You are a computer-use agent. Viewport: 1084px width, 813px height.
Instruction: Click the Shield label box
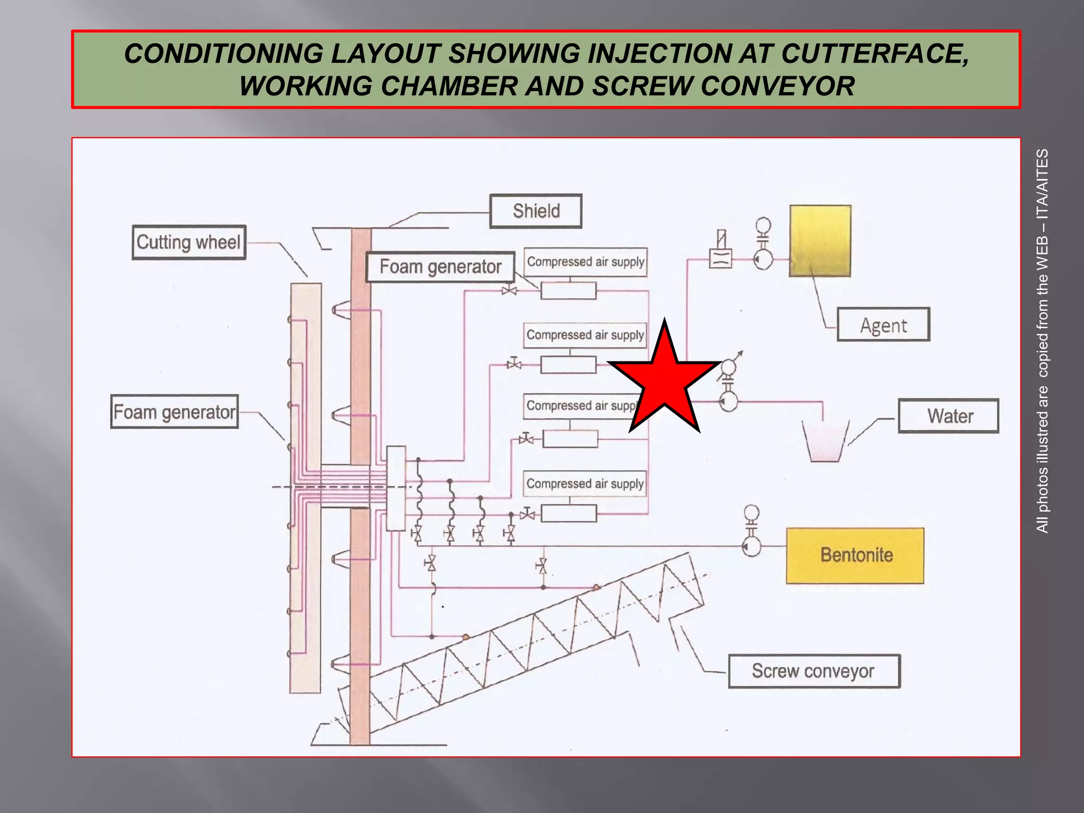[536, 211]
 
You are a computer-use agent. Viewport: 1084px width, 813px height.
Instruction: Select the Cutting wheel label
[189, 242]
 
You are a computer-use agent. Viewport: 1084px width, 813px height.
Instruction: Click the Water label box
[948, 416]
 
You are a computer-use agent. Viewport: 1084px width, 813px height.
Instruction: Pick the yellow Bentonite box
[855, 556]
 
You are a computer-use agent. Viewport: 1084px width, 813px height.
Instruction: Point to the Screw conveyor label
[814, 671]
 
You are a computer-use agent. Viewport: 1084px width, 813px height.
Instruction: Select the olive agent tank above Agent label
[820, 241]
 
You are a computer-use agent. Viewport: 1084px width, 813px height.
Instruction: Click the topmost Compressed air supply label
[585, 262]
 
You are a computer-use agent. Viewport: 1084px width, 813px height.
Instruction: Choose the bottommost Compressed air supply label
[585, 484]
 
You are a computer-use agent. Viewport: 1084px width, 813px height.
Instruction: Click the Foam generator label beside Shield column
[440, 267]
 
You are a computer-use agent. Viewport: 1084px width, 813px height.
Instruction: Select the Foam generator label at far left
[174, 412]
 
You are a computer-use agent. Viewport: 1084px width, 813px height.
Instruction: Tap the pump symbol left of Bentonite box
[751, 546]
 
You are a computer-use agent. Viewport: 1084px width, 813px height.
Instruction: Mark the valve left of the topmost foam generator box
[509, 290]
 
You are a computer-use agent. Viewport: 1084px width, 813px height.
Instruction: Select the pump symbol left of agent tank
[763, 259]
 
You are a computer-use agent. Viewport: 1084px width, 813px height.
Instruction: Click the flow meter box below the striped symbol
[720, 259]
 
